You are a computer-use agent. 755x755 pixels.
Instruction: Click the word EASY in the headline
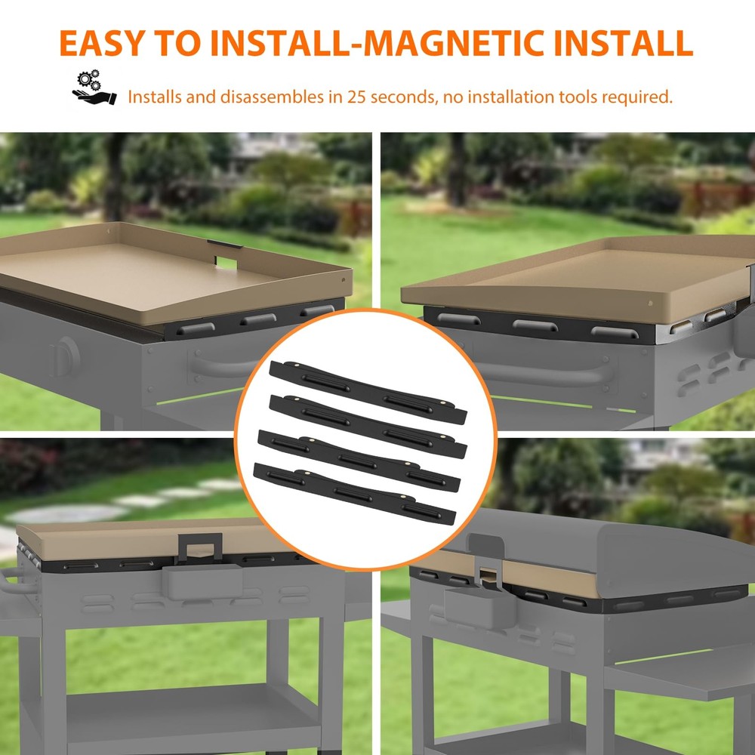coord(103,43)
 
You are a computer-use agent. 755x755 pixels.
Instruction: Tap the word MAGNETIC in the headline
coord(452,43)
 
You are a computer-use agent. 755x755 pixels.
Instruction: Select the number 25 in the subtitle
coord(357,97)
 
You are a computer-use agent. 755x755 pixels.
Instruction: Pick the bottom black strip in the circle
coord(354,494)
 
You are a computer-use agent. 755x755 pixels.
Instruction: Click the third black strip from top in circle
coord(359,461)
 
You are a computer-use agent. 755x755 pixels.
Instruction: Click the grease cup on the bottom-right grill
coord(479,608)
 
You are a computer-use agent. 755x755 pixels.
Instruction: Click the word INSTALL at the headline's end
coord(623,43)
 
